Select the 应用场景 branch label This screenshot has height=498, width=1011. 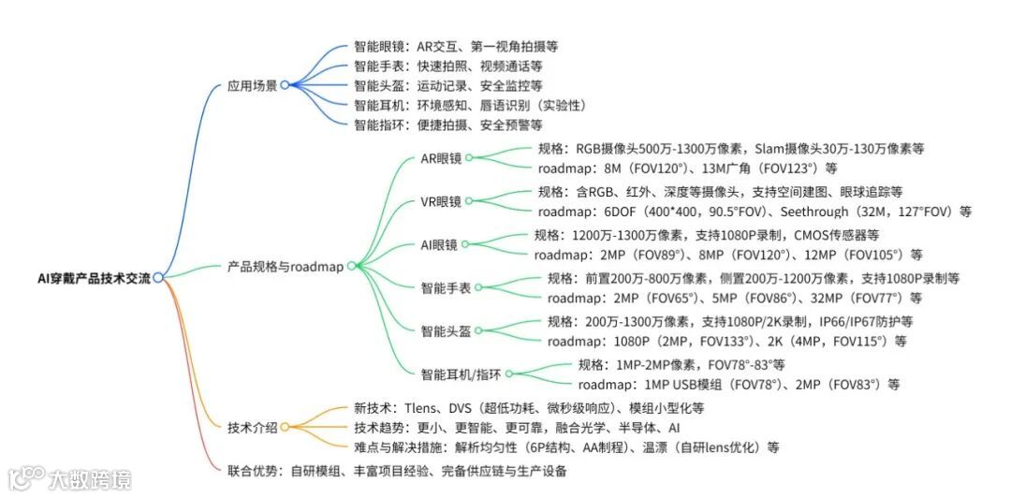point(252,85)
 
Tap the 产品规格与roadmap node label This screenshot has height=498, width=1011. point(285,266)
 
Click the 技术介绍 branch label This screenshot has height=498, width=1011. point(252,428)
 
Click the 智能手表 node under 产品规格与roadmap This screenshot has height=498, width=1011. point(447,287)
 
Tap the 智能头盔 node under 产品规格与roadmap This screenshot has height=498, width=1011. point(446,330)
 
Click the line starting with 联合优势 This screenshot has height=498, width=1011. point(397,471)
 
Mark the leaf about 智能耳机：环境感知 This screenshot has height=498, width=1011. point(468,105)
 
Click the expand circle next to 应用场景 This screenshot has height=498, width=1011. point(285,85)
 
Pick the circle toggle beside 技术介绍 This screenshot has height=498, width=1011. point(285,428)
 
